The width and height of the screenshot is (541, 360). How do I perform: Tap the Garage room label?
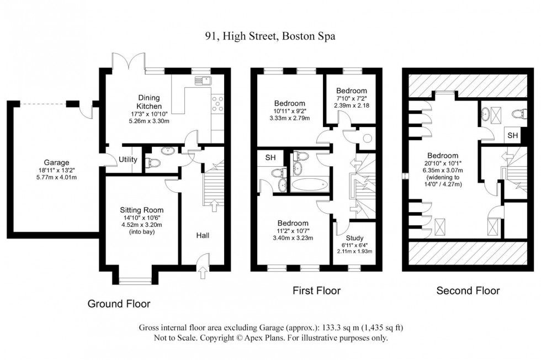[57, 163]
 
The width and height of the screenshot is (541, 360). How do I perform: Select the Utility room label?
[128, 160]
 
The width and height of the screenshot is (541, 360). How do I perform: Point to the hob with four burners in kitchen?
[217, 104]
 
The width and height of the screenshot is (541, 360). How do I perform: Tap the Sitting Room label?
[142, 210]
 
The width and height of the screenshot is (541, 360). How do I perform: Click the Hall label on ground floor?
[203, 235]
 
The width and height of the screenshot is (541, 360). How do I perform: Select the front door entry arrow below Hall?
[204, 271]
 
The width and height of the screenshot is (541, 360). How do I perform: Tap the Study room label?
[354, 238]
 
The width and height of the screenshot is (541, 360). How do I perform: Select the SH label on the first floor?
[270, 158]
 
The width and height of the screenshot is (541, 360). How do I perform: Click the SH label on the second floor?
[513, 135]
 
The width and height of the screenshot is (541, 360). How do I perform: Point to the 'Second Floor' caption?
[468, 290]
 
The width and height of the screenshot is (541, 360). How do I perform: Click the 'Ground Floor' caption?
[119, 304]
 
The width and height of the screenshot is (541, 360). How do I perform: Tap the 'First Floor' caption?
[316, 290]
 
